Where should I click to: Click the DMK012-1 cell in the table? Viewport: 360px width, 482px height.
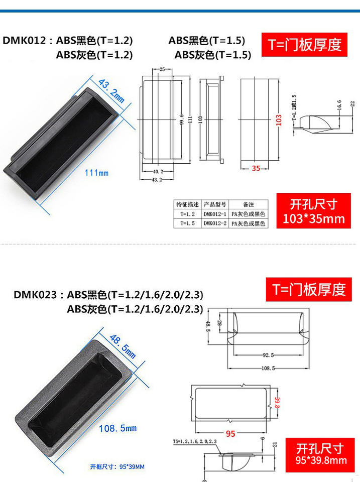215,214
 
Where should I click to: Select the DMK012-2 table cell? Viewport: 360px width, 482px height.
215,223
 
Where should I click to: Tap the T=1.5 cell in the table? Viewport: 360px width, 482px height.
187,223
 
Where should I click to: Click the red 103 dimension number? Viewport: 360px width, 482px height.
279,119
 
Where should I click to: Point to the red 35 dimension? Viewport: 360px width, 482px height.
256,168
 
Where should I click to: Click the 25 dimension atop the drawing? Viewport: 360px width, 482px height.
162,69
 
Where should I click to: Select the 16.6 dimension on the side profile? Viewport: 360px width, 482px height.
339,104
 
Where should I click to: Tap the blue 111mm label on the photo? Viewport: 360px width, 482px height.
96,173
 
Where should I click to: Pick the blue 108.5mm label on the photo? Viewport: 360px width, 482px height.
117,428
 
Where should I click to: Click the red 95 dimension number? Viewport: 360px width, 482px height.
230,434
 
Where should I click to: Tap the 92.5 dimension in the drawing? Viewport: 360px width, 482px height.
268,355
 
